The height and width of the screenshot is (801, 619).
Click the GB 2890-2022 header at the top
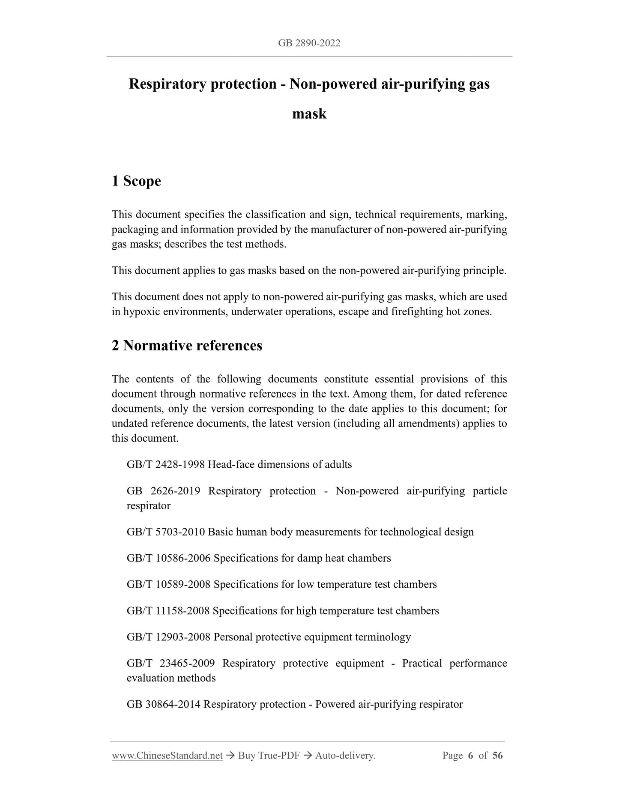[x=309, y=43]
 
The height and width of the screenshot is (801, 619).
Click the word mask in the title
[x=309, y=114]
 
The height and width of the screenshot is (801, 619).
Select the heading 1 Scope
[x=136, y=181]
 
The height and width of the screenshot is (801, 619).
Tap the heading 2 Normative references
[x=187, y=345]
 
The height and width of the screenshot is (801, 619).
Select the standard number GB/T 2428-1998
[x=166, y=464]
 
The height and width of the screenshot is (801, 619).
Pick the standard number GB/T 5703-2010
[x=166, y=532]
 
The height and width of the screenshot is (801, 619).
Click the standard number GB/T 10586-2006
[x=169, y=558]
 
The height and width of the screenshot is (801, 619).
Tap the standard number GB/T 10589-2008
[x=169, y=584]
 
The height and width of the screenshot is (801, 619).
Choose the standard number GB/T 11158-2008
[x=168, y=610]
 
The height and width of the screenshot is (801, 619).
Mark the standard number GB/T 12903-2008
[x=169, y=637]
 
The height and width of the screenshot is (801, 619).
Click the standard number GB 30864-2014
[x=164, y=704]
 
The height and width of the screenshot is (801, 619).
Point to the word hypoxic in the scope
[x=141, y=311]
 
